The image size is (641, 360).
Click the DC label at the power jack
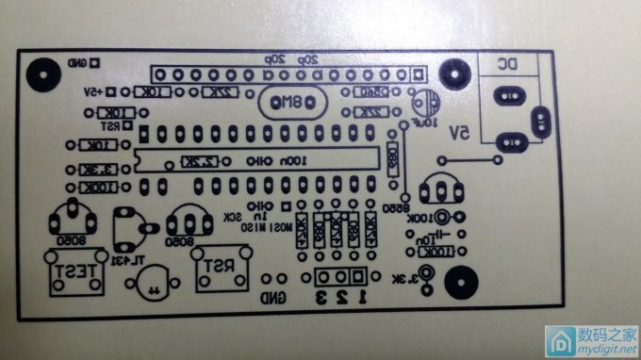click(x=506, y=64)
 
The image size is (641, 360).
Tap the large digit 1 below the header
click(x=359, y=298)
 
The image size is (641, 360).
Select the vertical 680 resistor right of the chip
click(x=393, y=162)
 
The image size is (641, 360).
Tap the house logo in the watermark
click(x=564, y=338)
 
